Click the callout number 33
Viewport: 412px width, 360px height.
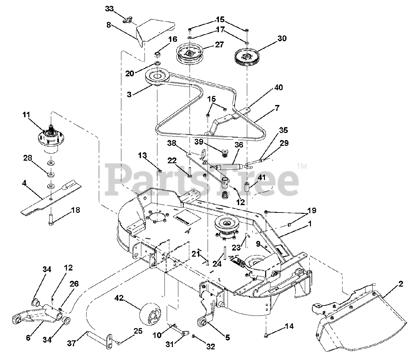pos(109,9)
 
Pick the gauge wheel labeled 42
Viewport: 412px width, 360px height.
pos(151,312)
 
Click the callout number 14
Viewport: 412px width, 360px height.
pos(289,327)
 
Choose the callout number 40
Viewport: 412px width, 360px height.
pos(279,88)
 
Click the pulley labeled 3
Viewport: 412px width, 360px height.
pos(157,77)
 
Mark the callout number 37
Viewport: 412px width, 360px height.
pos(71,344)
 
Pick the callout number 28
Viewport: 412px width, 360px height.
pos(27,158)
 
